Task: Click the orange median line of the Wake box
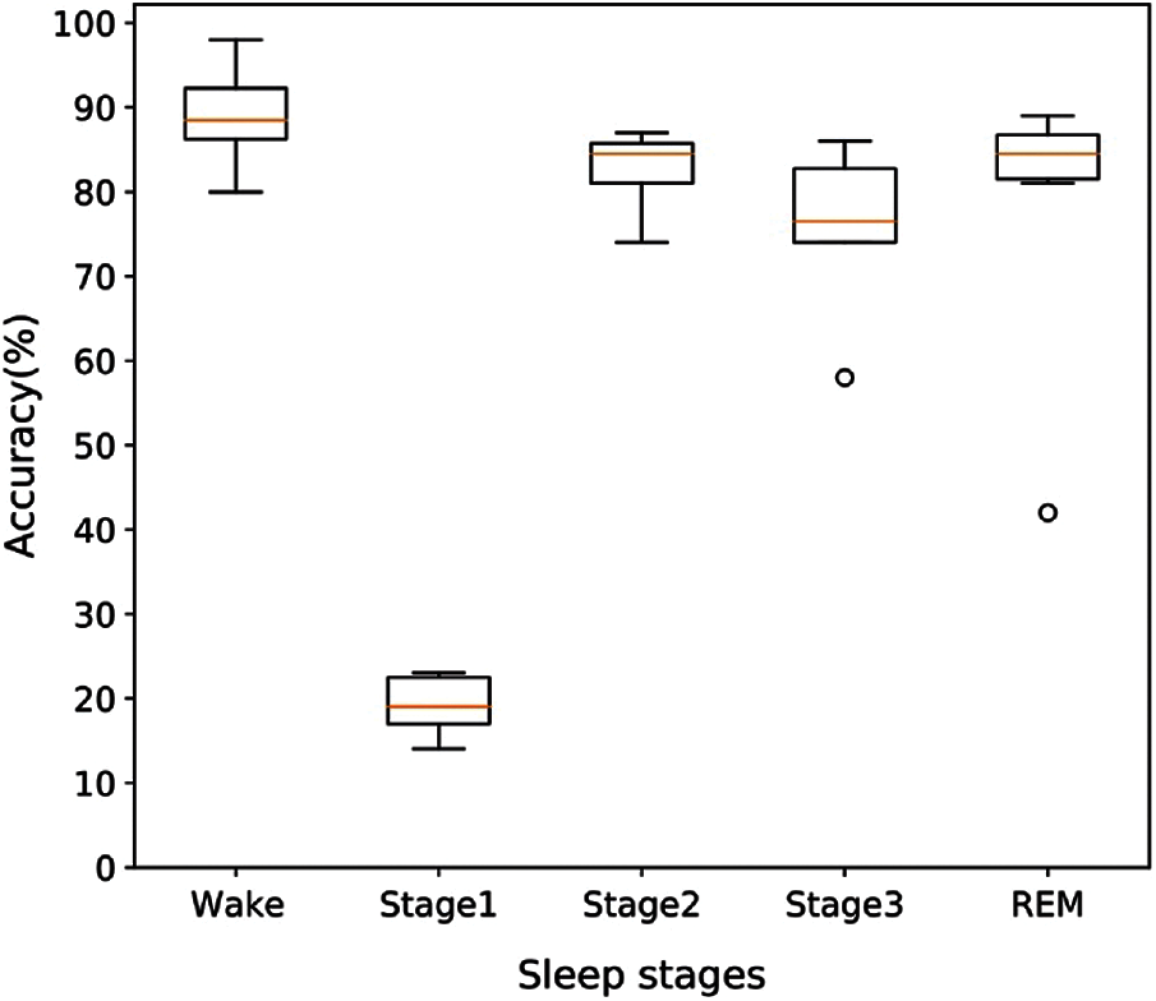236,120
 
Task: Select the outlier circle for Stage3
844,377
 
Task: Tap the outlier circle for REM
1047,513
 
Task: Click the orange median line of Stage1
439,706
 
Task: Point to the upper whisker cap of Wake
236,40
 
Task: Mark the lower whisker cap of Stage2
641,243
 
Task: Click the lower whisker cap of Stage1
439,748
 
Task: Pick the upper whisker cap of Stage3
844,141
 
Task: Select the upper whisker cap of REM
1047,116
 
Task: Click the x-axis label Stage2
641,905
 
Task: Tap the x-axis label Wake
238,905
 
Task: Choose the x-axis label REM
1047,905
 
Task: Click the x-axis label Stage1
438,905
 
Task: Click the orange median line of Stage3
844,222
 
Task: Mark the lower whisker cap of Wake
236,192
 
